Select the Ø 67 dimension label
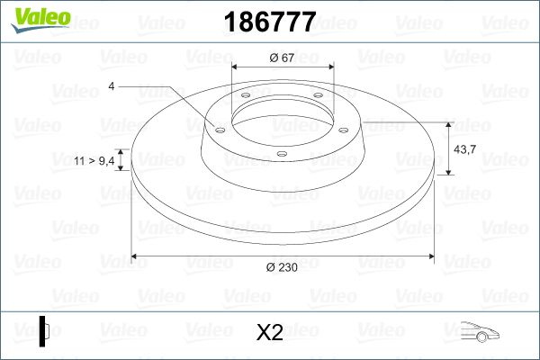click(x=283, y=58)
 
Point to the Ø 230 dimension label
click(x=283, y=267)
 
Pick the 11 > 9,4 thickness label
click(x=94, y=160)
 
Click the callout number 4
click(x=111, y=86)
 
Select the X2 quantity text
click(x=269, y=333)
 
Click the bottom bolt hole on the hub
click(x=282, y=154)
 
